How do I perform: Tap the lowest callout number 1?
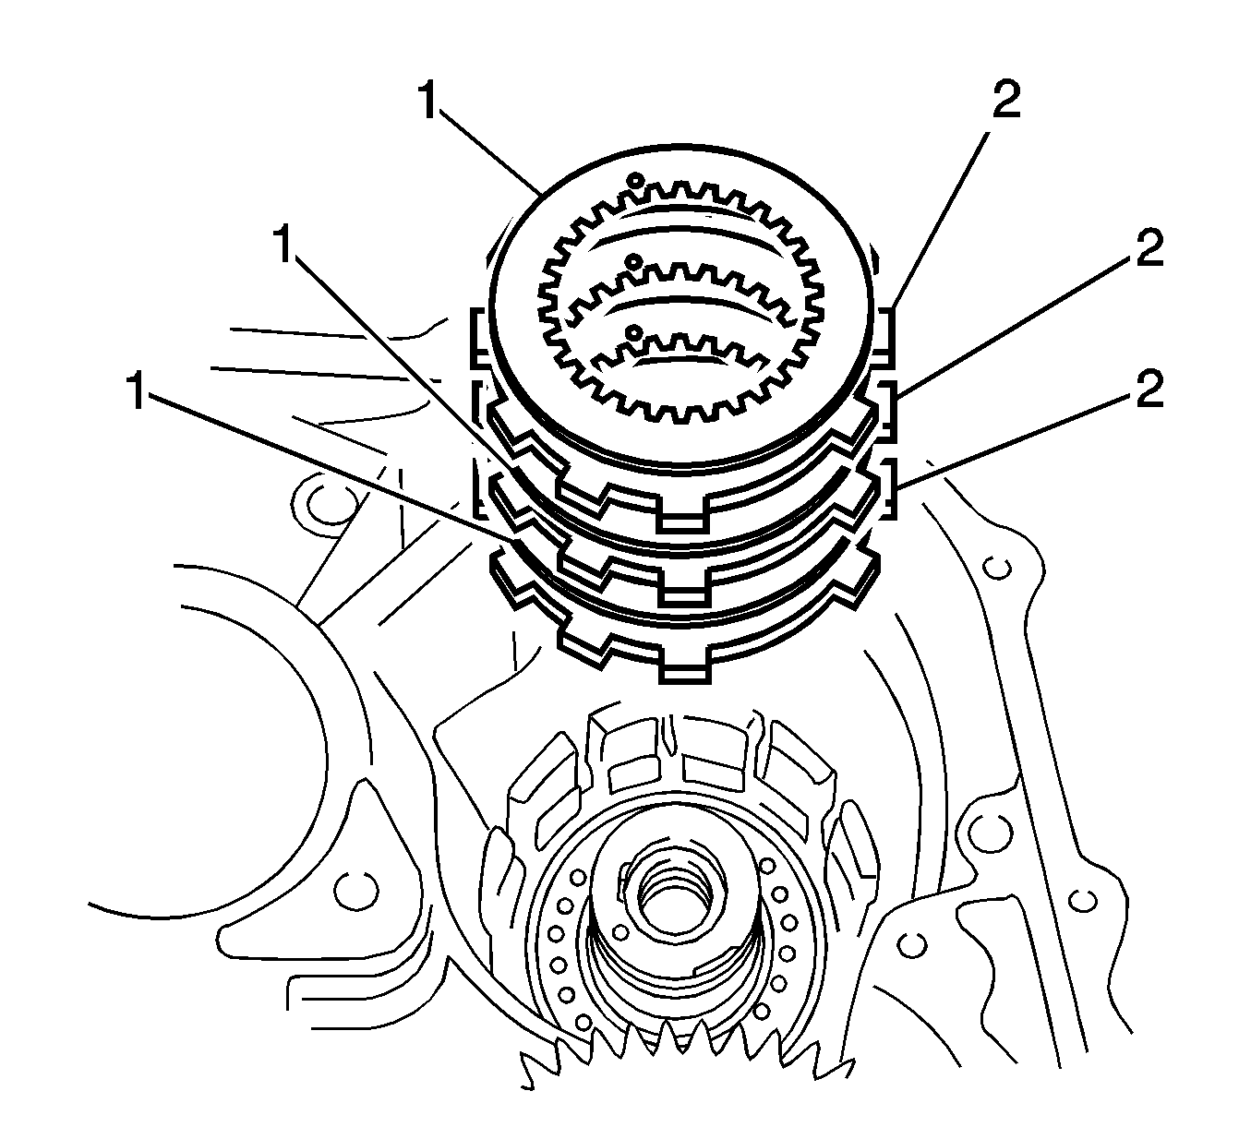[x=136, y=392]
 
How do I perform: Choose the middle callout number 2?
[x=1149, y=249]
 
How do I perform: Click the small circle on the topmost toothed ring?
[x=634, y=179]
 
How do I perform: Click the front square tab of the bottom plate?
[x=685, y=670]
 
